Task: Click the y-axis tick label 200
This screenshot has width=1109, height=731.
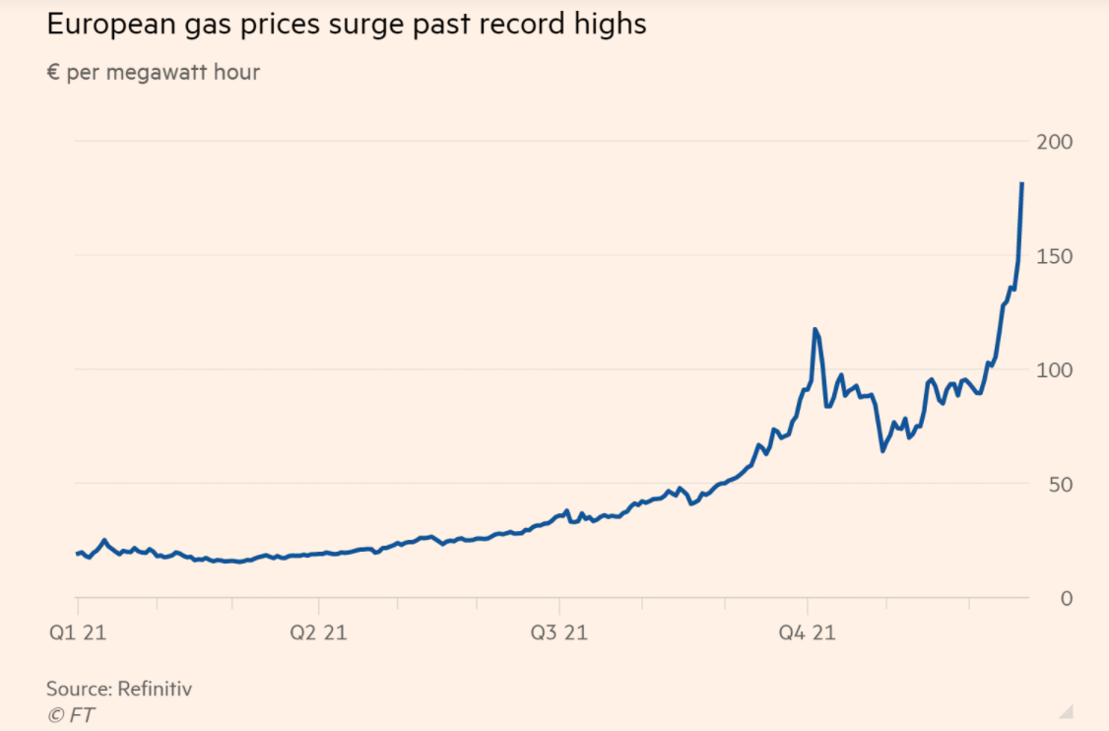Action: [1053, 142]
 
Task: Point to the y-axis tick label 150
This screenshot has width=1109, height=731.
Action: [1053, 256]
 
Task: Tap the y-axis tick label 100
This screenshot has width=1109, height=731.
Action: [1053, 370]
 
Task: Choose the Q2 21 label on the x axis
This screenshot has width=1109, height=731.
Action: [318, 632]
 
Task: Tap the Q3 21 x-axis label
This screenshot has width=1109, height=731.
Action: [558, 632]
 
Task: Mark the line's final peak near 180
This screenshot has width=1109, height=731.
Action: [1021, 184]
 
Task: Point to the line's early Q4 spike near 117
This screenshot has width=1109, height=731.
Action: [815, 329]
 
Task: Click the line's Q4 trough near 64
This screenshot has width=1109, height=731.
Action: [882, 450]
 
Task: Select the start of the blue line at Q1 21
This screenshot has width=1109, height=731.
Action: [78, 554]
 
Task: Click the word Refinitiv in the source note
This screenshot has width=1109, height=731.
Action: [155, 689]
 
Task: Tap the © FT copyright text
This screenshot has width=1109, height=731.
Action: [71, 714]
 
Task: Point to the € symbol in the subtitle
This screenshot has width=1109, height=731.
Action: [53, 73]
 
